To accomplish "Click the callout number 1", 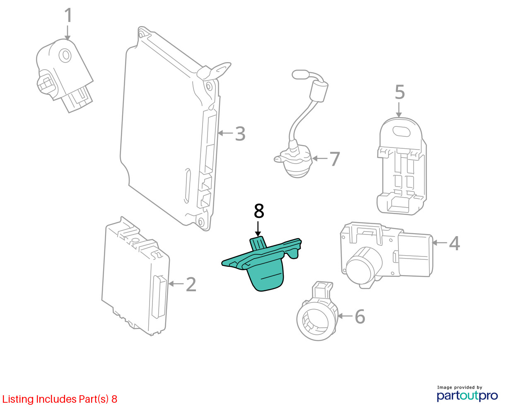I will point(68,16).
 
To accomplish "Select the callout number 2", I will point(191,284).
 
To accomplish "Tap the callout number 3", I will point(240,134).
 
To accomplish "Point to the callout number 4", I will point(454,243).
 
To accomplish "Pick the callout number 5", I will point(399,92).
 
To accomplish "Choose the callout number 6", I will point(360,317).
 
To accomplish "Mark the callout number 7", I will point(334,159).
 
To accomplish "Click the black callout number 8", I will point(258,211).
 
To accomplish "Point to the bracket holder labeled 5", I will point(401,174).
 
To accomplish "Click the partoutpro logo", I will point(467,394).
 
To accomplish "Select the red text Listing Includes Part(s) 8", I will point(60,399).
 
